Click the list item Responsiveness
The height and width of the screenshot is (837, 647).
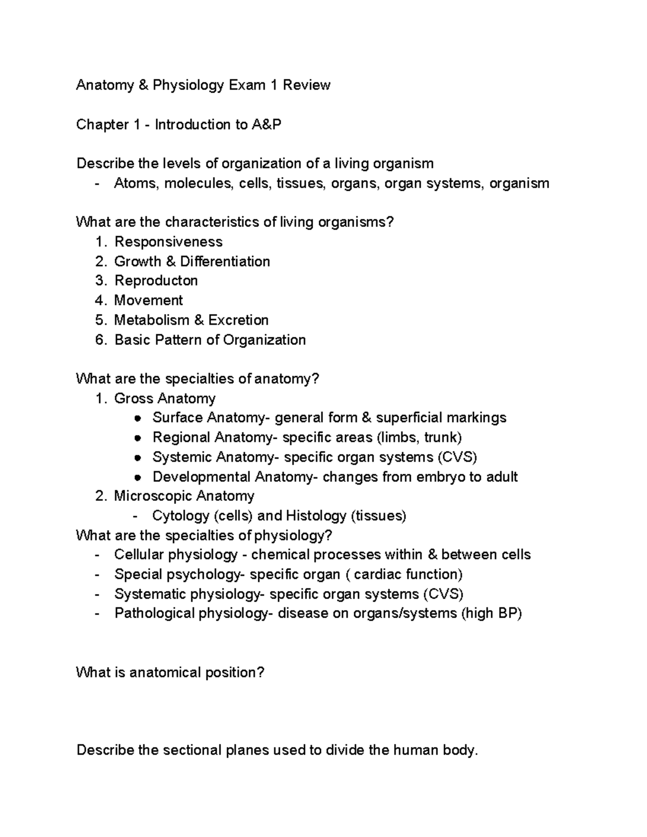click(168, 241)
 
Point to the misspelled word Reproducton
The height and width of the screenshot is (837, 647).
click(156, 281)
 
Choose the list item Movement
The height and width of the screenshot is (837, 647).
click(148, 300)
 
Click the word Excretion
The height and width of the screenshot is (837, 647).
click(238, 320)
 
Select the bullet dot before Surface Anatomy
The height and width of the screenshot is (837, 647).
click(139, 418)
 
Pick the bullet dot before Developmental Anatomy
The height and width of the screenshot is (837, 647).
click(139, 477)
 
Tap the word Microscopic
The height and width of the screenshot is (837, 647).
click(152, 496)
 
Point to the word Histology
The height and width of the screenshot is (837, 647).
click(316, 516)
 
